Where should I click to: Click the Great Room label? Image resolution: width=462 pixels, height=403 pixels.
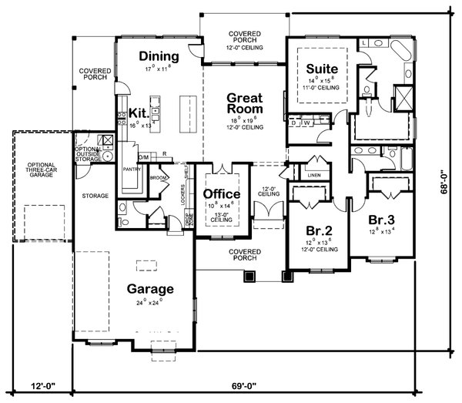coord(245,104)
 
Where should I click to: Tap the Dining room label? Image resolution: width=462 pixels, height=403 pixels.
coord(160,55)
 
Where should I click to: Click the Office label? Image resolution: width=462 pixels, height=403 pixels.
coord(221,194)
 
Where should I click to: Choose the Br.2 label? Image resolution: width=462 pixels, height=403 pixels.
coord(313,230)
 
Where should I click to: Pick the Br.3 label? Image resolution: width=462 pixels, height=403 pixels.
coord(382,218)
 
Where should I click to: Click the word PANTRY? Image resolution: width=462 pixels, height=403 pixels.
coord(130,168)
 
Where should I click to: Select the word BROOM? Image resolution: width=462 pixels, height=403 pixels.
coord(158,178)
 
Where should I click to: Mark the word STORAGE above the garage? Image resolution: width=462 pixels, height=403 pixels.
coord(96,196)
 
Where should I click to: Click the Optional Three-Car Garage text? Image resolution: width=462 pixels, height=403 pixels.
coord(40,170)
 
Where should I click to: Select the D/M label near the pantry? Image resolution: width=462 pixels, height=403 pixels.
coord(143,156)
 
